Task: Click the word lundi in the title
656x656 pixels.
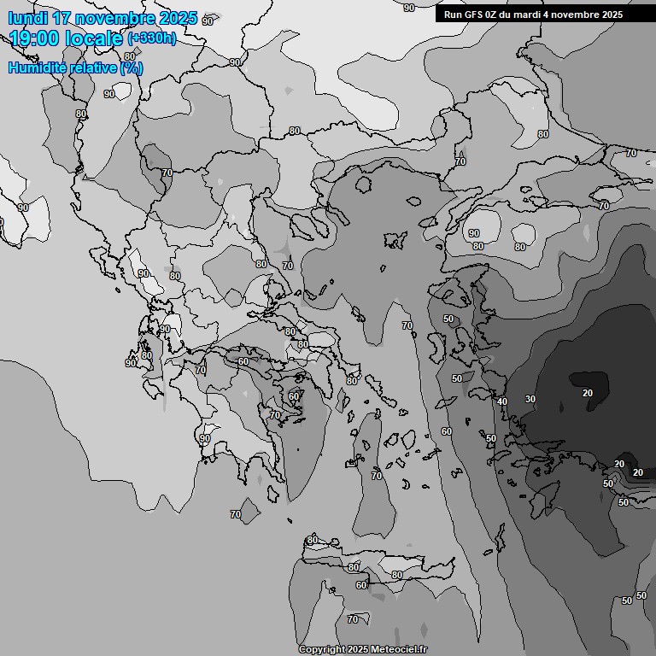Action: point(27,18)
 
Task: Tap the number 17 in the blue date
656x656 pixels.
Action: point(61,18)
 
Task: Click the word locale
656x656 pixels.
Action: point(98,38)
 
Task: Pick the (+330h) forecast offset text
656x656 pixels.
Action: point(152,38)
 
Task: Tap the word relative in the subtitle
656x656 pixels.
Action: point(92,67)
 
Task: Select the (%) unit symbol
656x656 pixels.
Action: point(131,67)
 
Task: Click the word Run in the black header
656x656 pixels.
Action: point(454,15)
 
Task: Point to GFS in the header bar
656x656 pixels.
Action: point(475,15)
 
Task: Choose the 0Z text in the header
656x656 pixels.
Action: point(495,15)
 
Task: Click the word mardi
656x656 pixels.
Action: point(535,15)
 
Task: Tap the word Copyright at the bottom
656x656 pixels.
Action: point(321,649)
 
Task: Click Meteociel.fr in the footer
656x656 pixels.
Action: point(399,649)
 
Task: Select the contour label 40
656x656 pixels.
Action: point(502,401)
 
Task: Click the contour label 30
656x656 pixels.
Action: point(530,399)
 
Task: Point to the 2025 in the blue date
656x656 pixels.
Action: point(178,18)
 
